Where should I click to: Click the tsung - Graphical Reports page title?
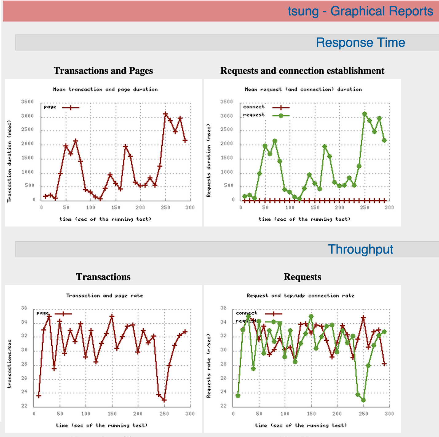tap(360, 11)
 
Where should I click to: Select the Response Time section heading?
tap(360, 42)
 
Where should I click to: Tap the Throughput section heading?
tap(360, 249)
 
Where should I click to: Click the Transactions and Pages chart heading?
tap(103, 71)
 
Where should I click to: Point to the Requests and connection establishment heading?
tap(302, 71)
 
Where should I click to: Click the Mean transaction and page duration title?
tap(105, 90)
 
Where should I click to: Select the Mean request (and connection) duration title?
tap(303, 90)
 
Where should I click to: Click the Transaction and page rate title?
tap(105, 296)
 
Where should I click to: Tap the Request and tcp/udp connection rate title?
tap(300, 296)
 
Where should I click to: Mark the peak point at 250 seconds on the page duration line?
tap(165, 114)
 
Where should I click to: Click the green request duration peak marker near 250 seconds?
tap(365, 114)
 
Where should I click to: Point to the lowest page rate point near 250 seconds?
tap(164, 400)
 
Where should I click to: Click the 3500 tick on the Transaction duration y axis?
tap(27, 102)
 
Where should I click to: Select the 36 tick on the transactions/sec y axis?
tap(24, 308)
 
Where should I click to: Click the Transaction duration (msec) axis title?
tap(10, 161)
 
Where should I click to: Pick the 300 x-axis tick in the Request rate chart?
tap(389, 414)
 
